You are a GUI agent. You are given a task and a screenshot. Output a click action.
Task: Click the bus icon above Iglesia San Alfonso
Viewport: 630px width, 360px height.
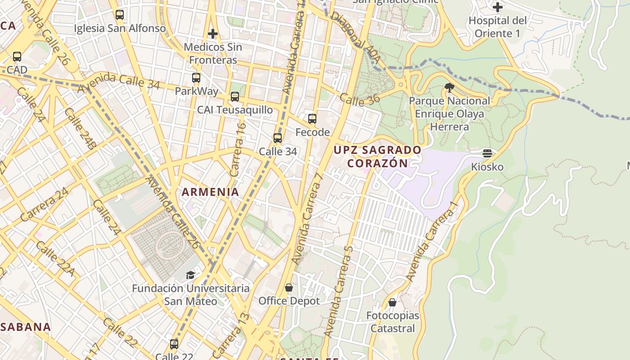(x=119, y=15)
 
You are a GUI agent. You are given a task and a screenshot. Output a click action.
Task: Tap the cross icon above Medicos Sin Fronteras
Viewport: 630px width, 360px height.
(x=213, y=34)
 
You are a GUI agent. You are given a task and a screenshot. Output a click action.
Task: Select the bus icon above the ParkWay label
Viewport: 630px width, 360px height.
(x=196, y=78)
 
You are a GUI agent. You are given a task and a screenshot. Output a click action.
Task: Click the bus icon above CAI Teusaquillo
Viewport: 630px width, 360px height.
(x=235, y=97)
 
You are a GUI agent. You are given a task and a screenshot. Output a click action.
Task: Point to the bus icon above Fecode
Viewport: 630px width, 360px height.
(x=312, y=119)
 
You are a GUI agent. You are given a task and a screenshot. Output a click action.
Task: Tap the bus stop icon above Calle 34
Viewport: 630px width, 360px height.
(x=278, y=138)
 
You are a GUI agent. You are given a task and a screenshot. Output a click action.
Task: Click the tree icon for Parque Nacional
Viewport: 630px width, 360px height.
(x=449, y=88)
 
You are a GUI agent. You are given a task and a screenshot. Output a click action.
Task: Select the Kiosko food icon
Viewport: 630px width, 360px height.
(x=487, y=153)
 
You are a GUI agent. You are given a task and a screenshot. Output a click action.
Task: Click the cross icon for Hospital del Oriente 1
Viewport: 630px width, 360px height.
(x=497, y=7)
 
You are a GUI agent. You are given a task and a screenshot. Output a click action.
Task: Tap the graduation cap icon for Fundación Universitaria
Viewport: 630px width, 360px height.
(x=191, y=275)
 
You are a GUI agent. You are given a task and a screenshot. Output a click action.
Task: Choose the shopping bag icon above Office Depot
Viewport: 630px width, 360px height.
(x=289, y=288)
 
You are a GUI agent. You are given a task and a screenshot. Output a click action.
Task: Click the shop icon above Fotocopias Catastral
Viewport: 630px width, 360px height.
(x=392, y=302)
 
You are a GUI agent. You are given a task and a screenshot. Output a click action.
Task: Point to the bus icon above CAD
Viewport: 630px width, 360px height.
(x=17, y=57)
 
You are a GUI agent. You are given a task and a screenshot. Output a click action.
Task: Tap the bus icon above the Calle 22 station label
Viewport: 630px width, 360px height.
(x=174, y=344)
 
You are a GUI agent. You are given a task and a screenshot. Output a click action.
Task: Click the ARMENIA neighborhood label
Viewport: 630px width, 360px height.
(x=210, y=192)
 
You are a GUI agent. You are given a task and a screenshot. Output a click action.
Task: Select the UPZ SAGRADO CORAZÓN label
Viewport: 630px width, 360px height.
(x=378, y=156)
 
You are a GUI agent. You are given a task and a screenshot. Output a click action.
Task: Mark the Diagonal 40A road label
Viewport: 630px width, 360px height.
(x=355, y=37)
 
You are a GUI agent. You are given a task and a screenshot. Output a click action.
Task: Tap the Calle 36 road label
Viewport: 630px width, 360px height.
(x=360, y=99)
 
